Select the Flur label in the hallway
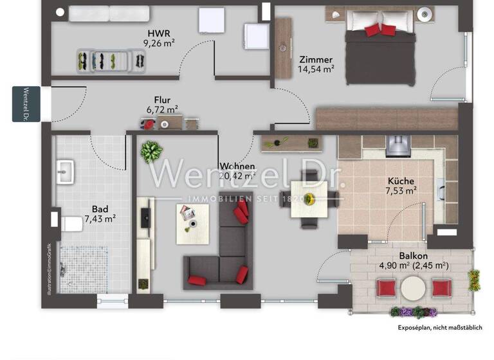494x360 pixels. click(161, 100)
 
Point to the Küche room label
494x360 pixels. click(400, 181)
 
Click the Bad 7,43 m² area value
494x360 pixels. click(100, 219)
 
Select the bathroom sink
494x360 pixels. click(66, 172)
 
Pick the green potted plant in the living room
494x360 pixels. click(151, 152)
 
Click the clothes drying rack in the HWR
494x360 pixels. click(111, 60)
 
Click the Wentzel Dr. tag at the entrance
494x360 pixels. click(26, 104)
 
